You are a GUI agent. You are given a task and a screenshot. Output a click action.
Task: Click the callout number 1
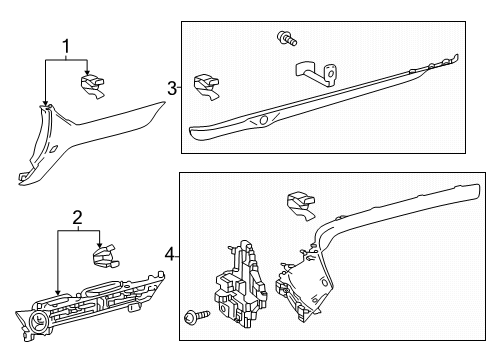click(67, 46)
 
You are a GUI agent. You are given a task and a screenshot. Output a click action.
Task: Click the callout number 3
click(172, 89)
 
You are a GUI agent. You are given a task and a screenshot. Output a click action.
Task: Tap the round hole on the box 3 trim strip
click(265, 120)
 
